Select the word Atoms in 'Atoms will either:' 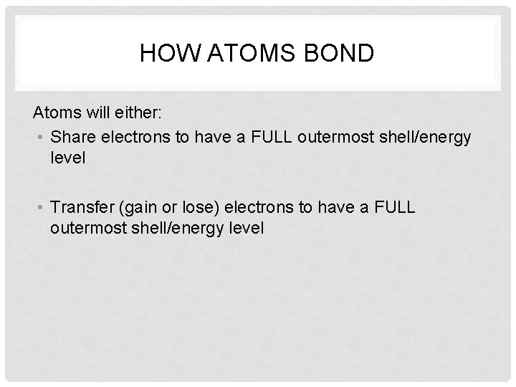[56, 113]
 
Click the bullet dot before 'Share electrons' [44, 136]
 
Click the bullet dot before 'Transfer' [44, 207]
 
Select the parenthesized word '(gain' [146, 207]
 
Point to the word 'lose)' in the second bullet [201, 207]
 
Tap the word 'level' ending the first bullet [68, 158]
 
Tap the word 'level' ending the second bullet [247, 229]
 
